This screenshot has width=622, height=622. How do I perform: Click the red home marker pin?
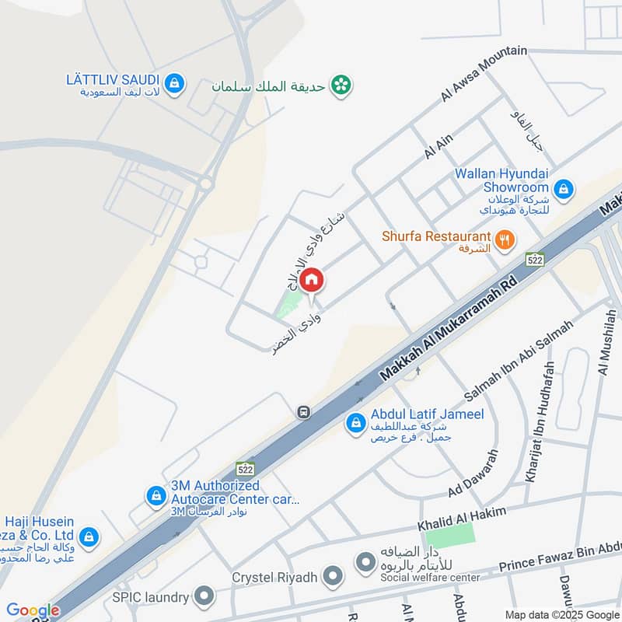311,279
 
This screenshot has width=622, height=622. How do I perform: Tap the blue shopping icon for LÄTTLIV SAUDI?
175,82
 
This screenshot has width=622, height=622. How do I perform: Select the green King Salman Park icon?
340,85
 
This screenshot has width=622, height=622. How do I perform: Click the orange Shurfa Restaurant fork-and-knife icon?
505,240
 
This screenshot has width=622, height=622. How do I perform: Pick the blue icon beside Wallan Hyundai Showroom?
564,187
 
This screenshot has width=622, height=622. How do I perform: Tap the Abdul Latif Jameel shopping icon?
355,423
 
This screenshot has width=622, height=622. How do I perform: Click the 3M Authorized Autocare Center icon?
156,495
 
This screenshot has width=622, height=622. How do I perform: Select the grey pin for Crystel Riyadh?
334,578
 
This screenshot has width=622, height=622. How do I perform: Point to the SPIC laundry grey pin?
204,597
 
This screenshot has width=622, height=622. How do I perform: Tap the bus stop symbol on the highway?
305,412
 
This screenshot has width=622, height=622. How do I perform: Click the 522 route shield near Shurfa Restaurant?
534,259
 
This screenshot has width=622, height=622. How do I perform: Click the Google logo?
33,610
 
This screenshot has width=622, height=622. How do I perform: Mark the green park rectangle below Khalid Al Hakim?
449,535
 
